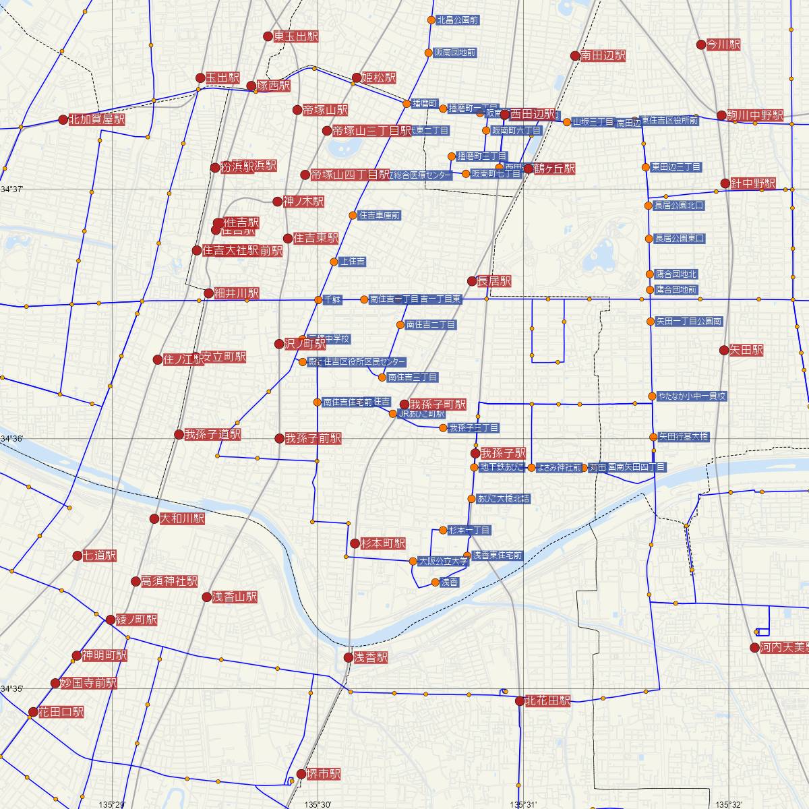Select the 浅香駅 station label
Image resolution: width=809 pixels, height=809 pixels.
click(x=371, y=658)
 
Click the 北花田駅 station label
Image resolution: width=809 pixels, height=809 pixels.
click(x=547, y=701)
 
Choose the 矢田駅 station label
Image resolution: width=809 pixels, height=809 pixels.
click(x=746, y=351)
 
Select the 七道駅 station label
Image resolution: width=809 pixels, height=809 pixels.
click(x=99, y=556)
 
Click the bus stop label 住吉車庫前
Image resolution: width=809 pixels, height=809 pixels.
click(x=380, y=216)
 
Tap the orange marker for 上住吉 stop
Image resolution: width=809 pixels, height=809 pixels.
click(x=334, y=262)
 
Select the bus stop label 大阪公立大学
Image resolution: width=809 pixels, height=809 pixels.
click(x=443, y=561)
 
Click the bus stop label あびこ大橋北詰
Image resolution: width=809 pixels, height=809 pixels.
click(x=503, y=499)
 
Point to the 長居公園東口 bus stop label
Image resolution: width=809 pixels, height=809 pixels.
click(x=680, y=239)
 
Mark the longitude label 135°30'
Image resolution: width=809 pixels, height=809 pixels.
click(x=318, y=804)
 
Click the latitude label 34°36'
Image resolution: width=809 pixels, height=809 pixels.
click(x=12, y=439)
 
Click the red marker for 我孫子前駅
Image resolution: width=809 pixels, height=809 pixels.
click(x=280, y=438)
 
